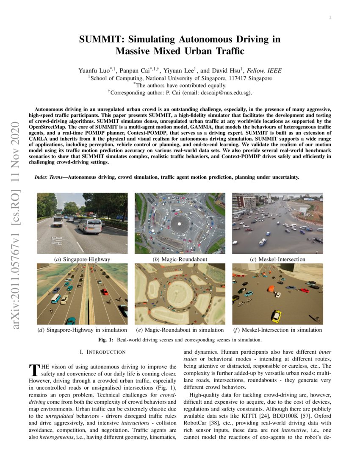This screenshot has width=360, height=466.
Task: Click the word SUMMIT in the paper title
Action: pyautogui.click(x=100, y=40)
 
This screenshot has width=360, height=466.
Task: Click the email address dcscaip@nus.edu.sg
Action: pyautogui.click(x=226, y=92)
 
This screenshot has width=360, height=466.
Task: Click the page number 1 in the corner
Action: pyautogui.click(x=330, y=17)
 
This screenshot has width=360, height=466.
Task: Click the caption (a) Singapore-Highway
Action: pyautogui.click(x=82, y=259)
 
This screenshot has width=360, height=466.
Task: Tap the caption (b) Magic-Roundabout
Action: pyautogui.click(x=180, y=259)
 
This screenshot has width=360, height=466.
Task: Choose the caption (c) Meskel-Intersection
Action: pyautogui.click(x=277, y=259)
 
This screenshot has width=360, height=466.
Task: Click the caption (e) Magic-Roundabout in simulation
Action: pyautogui.click(x=180, y=330)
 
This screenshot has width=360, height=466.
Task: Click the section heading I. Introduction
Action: pyautogui.click(x=102, y=352)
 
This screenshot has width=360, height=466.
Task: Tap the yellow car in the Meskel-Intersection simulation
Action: pyautogui.click(x=276, y=316)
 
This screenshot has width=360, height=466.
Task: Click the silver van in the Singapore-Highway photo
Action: pyautogui.click(x=90, y=226)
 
